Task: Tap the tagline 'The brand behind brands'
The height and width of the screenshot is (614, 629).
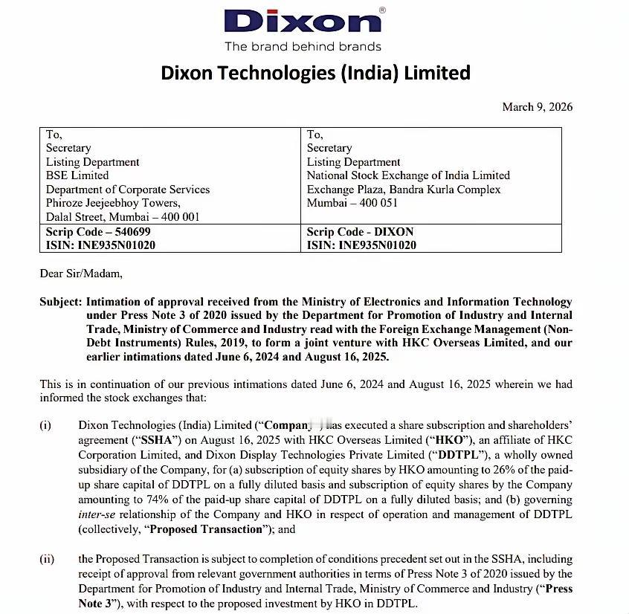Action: point(303,47)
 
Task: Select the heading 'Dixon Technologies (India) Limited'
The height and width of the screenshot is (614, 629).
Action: point(316,73)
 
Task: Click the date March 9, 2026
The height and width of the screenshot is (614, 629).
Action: point(537,107)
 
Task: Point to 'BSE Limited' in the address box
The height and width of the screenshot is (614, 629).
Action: point(77,175)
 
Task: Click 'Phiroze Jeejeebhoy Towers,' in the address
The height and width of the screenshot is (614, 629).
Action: point(113,203)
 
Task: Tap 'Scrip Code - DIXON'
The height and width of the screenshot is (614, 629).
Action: point(360,232)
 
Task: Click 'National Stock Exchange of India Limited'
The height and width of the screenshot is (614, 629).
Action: point(408,175)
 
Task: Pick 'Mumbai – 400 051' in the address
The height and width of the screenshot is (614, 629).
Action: point(352,203)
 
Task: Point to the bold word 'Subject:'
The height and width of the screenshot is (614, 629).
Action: point(61,302)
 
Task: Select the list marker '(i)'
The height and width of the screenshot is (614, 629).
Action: point(45,425)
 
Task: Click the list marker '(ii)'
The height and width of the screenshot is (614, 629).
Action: point(47,559)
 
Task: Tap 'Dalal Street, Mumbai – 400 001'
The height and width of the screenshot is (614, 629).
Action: point(123,217)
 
